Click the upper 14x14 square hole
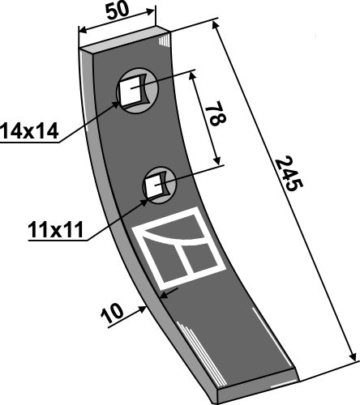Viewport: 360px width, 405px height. pos(131,92)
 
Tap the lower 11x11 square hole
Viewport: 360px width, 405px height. pos(154,185)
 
